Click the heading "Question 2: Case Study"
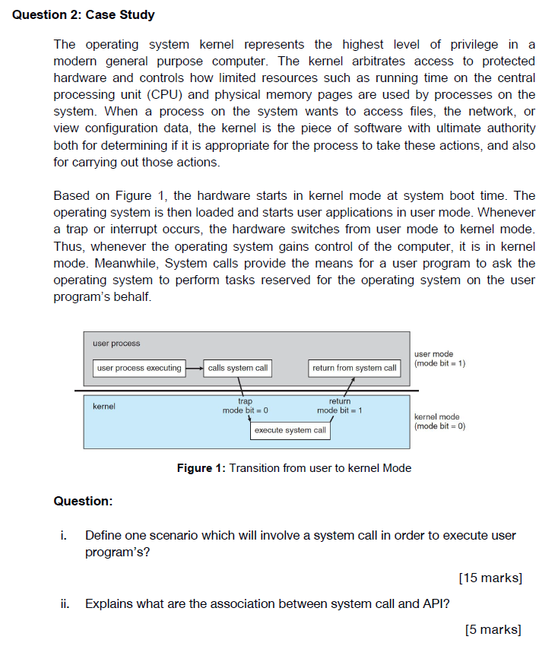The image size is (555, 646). (x=84, y=14)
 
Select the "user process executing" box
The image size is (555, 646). (x=139, y=368)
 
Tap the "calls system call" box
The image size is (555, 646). (x=237, y=368)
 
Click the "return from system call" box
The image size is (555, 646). (x=354, y=368)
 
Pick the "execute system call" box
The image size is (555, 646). (x=290, y=430)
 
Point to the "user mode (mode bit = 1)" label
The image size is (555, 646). (x=439, y=359)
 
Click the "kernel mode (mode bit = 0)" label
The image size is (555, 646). (x=439, y=421)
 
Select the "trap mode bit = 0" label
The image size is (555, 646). (x=245, y=406)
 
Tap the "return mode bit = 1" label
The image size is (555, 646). (x=339, y=406)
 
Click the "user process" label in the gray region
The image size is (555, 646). (x=116, y=344)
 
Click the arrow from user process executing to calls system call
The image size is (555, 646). (x=194, y=368)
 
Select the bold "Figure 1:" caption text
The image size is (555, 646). (x=201, y=468)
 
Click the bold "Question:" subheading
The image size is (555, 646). (x=83, y=501)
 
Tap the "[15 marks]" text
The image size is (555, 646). (x=490, y=578)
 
